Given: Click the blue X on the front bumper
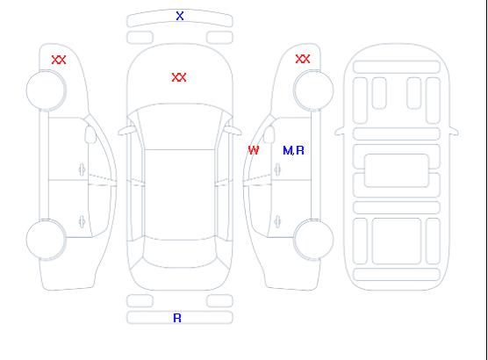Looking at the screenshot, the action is (180, 16).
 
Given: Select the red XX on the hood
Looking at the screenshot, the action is (179, 77).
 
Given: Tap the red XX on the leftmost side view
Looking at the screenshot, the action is (59, 60).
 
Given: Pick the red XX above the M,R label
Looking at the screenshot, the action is (303, 59).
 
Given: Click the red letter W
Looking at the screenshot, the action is (254, 150).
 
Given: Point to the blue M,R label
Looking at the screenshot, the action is (293, 150).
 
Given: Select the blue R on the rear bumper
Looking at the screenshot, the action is (177, 318).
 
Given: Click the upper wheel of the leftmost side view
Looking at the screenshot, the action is (46, 90).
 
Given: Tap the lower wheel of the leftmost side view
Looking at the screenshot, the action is (46, 240).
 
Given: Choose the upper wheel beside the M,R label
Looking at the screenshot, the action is (313, 90).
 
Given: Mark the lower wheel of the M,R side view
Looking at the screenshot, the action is (313, 239).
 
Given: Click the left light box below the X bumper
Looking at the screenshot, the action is (140, 38).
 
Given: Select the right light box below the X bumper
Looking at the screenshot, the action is (219, 38).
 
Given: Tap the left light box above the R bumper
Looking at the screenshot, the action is (140, 301).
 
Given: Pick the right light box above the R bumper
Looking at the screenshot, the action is (219, 301).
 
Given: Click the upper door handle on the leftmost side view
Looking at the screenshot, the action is (82, 169).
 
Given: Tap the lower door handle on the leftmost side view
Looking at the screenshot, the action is (82, 221).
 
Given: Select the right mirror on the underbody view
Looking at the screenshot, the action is (454, 132).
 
